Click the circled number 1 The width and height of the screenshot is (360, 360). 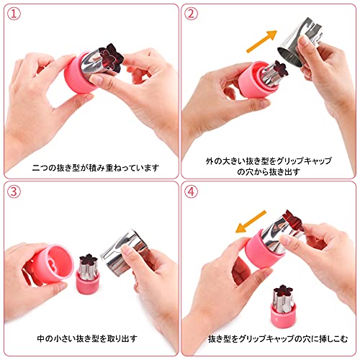(x=14, y=14)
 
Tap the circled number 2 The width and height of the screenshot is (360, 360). (x=191, y=14)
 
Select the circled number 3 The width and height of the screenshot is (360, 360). (x=14, y=192)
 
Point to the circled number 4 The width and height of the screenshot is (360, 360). (x=191, y=192)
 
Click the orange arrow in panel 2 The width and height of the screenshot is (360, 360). (x=262, y=42)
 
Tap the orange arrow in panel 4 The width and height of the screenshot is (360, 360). (x=251, y=222)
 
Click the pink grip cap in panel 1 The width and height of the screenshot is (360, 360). (x=78, y=73)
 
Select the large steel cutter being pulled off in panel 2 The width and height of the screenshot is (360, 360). (x=300, y=42)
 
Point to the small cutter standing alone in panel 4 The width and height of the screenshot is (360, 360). (x=284, y=306)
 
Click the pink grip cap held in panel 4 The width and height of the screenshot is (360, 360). (x=263, y=250)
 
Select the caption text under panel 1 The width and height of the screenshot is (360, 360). (x=96, y=168)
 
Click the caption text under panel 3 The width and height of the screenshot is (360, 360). (x=87, y=338)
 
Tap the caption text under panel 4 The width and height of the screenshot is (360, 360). (x=278, y=338)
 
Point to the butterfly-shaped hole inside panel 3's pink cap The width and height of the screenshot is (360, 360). (x=52, y=264)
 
